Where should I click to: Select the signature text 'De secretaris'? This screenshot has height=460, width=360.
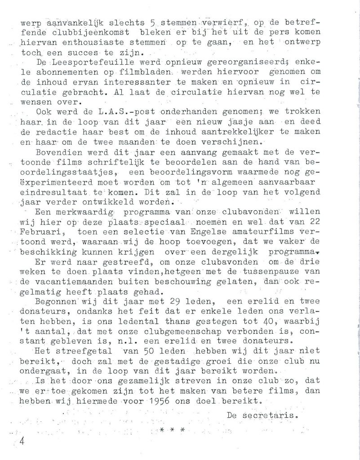tap(262, 416)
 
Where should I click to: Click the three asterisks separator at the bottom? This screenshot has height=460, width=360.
tap(173, 430)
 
